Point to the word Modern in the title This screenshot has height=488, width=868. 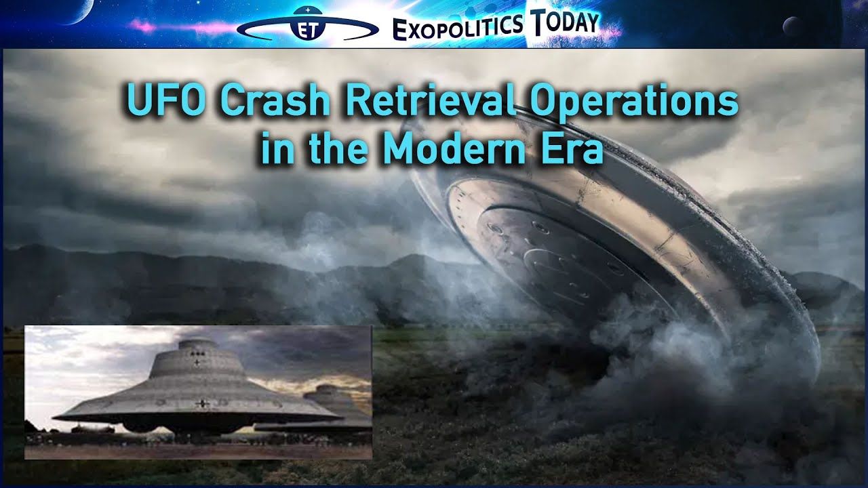point(454,147)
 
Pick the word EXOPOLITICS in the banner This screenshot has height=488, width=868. point(457,27)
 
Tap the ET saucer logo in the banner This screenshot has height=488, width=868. point(307,26)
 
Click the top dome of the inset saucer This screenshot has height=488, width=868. point(197,344)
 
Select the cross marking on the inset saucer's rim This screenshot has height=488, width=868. point(202,404)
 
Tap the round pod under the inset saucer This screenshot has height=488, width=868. point(140,427)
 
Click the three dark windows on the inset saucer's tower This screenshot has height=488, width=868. point(197,354)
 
